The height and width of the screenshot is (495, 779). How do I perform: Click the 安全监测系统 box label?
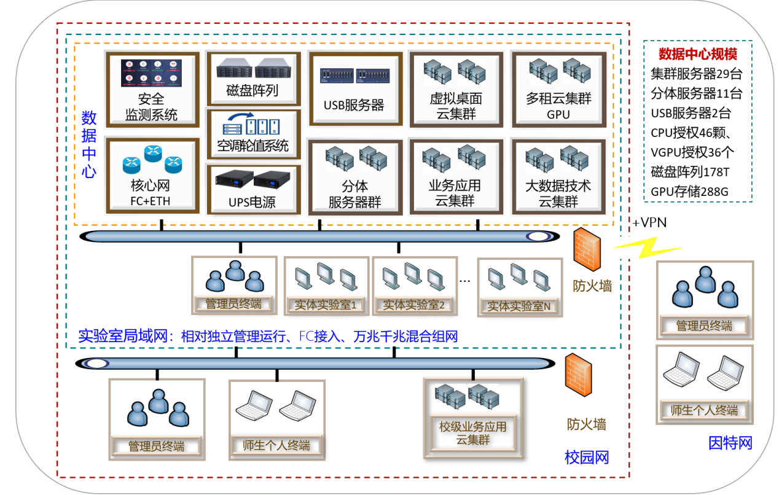click(x=152, y=106)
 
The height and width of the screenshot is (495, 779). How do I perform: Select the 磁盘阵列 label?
click(x=252, y=91)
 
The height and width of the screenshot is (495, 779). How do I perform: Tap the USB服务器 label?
click(x=354, y=105)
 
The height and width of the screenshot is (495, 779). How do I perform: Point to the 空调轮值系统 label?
click(x=252, y=146)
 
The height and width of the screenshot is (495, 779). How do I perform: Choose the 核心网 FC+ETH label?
click(x=151, y=193)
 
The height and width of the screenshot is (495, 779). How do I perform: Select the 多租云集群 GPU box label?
click(x=558, y=106)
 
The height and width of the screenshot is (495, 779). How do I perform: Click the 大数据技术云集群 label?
click(x=558, y=193)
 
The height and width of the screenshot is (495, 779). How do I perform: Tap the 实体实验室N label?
click(x=519, y=305)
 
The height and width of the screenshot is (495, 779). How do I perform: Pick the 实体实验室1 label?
click(x=326, y=304)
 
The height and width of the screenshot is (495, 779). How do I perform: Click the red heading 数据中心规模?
click(x=697, y=53)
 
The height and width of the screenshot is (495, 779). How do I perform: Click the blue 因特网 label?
click(x=730, y=442)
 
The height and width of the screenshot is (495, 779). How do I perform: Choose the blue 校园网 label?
click(x=586, y=457)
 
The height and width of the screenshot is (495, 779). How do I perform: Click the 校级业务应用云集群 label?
click(x=472, y=433)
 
